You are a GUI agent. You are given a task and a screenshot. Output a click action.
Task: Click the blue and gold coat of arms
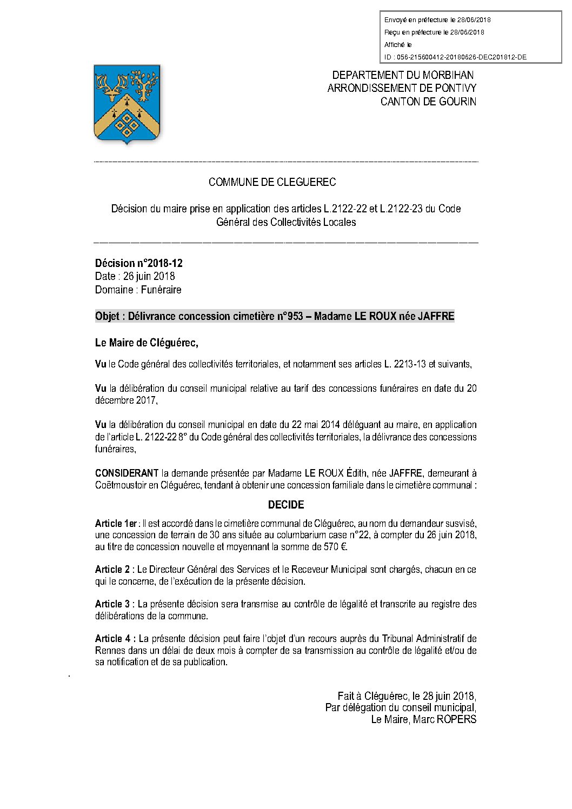tap(127, 104)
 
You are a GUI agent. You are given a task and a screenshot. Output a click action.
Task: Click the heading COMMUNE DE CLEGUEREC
tap(272, 182)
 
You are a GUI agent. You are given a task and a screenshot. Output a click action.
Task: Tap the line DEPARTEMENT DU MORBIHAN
tap(403, 75)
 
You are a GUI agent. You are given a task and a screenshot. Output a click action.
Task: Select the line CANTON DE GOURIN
tap(428, 102)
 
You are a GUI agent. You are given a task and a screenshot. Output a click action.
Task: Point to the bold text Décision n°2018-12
tap(139, 263)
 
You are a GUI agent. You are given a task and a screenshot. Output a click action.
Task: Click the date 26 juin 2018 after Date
tap(149, 276)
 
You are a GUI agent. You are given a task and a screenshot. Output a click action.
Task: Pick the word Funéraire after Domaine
tap(161, 290)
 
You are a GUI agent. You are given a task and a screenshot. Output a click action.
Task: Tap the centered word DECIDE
tap(286, 505)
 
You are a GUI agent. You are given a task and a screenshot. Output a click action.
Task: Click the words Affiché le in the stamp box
tap(398, 45)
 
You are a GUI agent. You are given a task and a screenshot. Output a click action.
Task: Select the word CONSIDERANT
tap(127, 473)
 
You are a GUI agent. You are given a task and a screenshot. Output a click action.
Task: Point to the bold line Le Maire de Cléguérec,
tap(147, 343)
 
